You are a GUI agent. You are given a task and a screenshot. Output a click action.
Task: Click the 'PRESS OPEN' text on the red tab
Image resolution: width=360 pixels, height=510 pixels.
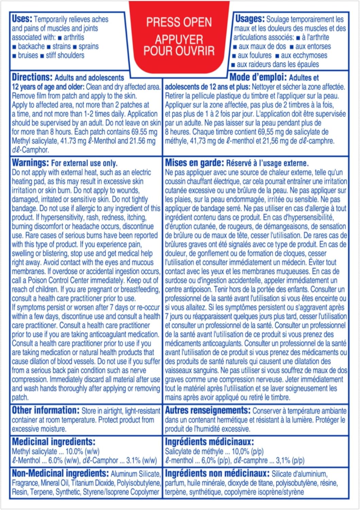click(x=179, y=22)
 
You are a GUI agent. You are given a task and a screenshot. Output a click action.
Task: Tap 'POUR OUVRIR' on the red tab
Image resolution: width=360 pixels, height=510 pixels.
click(x=179, y=51)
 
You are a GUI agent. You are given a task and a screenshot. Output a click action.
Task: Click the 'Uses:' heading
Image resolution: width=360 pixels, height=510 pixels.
click(x=22, y=19)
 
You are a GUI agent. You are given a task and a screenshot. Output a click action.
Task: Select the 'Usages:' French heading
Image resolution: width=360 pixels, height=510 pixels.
click(x=250, y=19)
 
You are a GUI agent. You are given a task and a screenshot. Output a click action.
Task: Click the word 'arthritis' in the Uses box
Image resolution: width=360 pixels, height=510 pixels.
click(x=74, y=37)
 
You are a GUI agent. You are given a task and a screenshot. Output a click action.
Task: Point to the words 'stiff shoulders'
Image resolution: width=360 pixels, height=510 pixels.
click(x=65, y=55)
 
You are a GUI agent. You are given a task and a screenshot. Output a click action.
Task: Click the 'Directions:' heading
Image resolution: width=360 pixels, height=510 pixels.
click(x=32, y=77)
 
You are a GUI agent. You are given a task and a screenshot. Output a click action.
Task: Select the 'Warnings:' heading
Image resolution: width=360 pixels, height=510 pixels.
click(x=30, y=163)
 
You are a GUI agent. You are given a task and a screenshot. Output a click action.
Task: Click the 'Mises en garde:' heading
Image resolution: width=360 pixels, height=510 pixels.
click(x=194, y=163)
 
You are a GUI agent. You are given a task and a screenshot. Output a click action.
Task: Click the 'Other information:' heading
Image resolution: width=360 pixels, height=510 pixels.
click(x=46, y=410)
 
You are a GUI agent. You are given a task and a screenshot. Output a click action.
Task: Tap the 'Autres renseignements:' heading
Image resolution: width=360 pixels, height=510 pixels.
click(x=208, y=410)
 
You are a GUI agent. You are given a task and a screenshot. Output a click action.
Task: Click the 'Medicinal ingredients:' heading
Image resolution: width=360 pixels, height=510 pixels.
click(x=54, y=442)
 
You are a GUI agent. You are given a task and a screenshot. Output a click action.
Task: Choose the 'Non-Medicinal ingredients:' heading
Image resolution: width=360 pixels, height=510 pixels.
click(x=60, y=473)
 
